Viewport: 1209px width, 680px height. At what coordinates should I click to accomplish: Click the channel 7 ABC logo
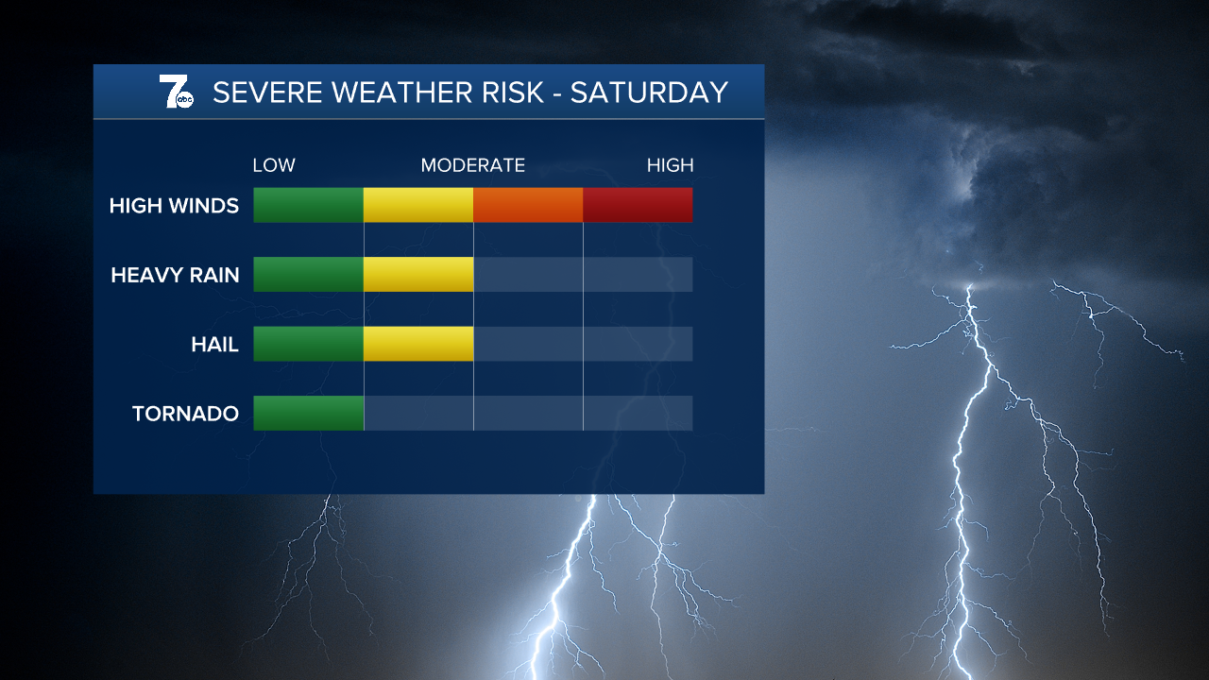(x=176, y=93)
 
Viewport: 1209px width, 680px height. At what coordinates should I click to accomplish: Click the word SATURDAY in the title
(x=649, y=93)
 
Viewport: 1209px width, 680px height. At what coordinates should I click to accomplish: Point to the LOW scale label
(x=274, y=165)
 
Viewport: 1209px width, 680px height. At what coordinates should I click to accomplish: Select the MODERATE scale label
(x=472, y=165)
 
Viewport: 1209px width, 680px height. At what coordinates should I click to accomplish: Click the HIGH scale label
(x=670, y=165)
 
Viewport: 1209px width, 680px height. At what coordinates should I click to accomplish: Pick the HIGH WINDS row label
(x=174, y=205)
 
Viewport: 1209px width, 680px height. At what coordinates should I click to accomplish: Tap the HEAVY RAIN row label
(x=175, y=275)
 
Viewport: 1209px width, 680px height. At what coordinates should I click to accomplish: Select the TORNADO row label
(x=185, y=414)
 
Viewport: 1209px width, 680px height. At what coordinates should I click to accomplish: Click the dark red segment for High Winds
(x=638, y=205)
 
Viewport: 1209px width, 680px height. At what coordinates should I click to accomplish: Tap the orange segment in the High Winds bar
(x=528, y=205)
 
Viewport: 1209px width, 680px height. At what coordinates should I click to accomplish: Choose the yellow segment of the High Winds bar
(x=418, y=205)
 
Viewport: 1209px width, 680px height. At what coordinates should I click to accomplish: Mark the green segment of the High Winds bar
(x=308, y=205)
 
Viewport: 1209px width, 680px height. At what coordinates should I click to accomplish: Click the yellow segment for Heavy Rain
(x=418, y=274)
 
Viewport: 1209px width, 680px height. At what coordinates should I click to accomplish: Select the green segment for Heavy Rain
(x=308, y=274)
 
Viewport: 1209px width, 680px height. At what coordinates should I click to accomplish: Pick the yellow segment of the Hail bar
(x=418, y=344)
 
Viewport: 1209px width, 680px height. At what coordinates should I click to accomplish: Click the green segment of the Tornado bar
(x=308, y=413)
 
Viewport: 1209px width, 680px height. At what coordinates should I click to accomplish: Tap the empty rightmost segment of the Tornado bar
(x=638, y=413)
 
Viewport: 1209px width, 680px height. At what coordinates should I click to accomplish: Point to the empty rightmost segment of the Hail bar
(x=638, y=344)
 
